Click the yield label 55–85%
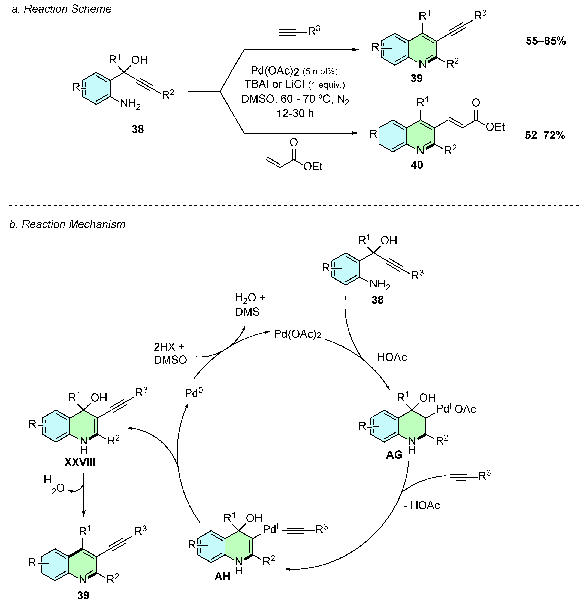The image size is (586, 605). coord(546,41)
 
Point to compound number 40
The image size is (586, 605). coord(417,165)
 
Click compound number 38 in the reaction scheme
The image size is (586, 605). coord(138,129)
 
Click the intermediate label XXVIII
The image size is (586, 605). coord(80,462)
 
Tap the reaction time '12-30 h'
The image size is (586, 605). coord(295,113)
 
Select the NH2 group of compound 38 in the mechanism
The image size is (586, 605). coord(380,284)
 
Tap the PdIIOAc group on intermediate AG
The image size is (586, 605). coord(456,409)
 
